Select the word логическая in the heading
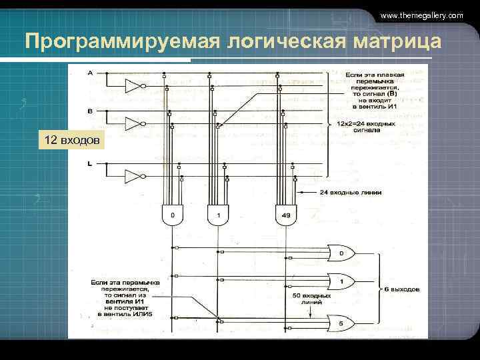click(x=285, y=41)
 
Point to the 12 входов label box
click(x=71, y=140)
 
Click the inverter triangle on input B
click(x=134, y=123)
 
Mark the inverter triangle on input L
click(x=134, y=176)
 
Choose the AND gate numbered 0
click(x=173, y=214)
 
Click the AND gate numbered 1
click(x=217, y=214)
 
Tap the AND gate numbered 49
click(x=285, y=214)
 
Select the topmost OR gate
click(x=341, y=253)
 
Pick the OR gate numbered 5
click(x=341, y=323)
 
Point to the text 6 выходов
click(x=401, y=290)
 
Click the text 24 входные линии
click(x=350, y=193)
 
